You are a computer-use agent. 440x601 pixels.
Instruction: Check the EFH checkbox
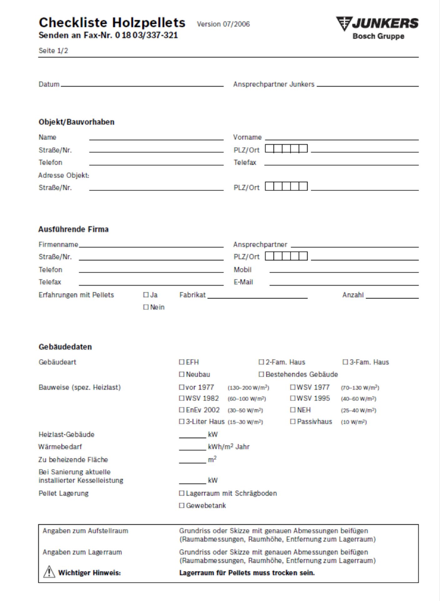(x=182, y=362)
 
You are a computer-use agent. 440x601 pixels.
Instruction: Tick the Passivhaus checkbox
(x=293, y=421)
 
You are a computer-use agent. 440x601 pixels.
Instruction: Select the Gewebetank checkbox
(x=182, y=506)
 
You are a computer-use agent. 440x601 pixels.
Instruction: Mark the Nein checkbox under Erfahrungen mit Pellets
(x=146, y=307)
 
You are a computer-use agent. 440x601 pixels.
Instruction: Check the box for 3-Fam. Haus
(x=345, y=362)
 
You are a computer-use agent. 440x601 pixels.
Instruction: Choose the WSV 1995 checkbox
(x=293, y=398)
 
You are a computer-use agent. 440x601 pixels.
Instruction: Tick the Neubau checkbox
(x=182, y=374)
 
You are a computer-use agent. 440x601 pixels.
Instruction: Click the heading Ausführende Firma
(x=74, y=229)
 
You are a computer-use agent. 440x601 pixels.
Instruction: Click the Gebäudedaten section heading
(x=65, y=347)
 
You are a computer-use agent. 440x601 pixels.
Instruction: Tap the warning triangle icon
(x=49, y=572)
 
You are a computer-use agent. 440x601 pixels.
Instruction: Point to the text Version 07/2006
(x=223, y=24)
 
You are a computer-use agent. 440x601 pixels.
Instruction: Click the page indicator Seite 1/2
(x=53, y=51)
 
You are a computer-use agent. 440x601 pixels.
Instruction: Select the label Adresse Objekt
(x=64, y=175)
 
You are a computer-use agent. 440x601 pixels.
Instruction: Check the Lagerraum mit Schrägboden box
(x=182, y=493)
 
